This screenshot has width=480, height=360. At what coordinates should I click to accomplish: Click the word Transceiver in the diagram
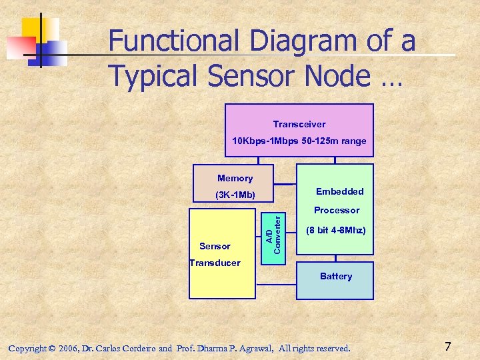click(299, 124)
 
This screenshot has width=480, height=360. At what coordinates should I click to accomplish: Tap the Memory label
click(235, 178)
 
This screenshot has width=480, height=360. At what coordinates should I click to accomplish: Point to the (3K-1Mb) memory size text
click(235, 195)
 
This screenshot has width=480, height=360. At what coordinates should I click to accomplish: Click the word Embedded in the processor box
click(339, 191)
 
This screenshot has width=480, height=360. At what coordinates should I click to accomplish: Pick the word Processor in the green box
click(337, 210)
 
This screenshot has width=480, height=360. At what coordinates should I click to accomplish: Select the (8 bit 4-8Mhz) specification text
click(335, 231)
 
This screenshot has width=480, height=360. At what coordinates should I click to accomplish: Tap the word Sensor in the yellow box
click(215, 246)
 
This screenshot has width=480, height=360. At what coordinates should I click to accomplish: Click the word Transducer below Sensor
click(215, 263)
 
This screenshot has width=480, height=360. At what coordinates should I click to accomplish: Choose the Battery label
click(335, 276)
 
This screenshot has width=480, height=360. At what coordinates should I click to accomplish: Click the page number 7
click(448, 347)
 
